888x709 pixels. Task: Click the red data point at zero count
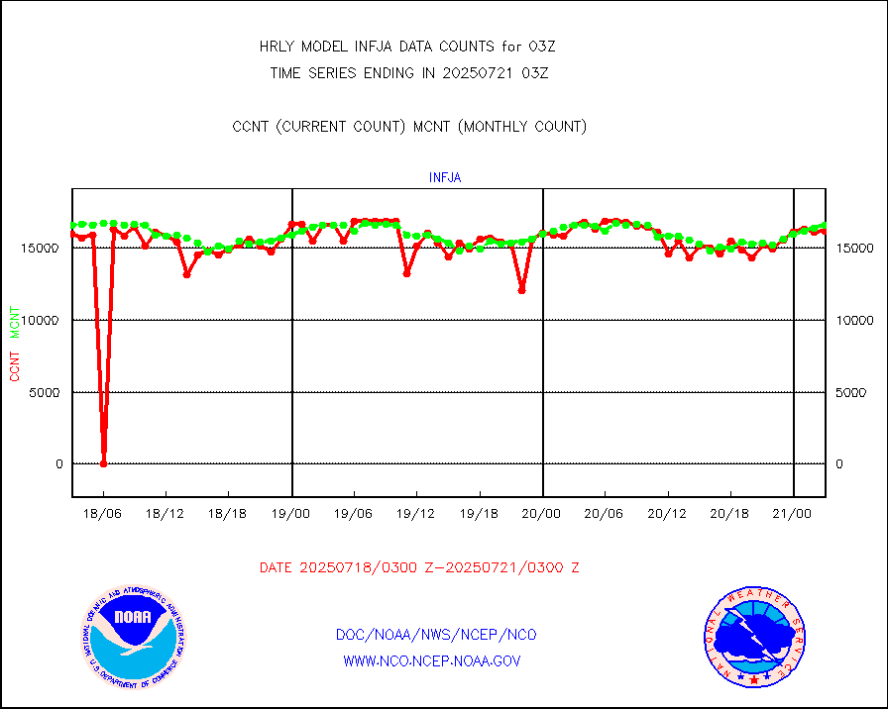click(x=104, y=463)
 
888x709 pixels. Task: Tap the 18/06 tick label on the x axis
click(x=103, y=513)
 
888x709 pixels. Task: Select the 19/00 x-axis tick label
click(x=291, y=513)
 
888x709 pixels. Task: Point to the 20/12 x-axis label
click(x=668, y=513)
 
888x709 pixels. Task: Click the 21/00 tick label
click(x=794, y=513)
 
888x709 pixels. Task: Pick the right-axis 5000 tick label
click(x=851, y=392)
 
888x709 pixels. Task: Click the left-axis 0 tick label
click(x=59, y=463)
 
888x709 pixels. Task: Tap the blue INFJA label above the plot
click(x=445, y=178)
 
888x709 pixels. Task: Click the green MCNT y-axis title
click(x=15, y=323)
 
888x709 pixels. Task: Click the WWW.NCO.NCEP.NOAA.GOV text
click(x=431, y=660)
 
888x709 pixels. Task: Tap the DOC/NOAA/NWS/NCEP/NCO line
click(x=436, y=635)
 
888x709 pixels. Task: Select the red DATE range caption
click(x=419, y=567)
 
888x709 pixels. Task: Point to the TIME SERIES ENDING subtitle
click(x=409, y=72)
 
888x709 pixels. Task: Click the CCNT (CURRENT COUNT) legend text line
click(x=409, y=126)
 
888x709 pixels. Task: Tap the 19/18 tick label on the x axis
click(x=480, y=513)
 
